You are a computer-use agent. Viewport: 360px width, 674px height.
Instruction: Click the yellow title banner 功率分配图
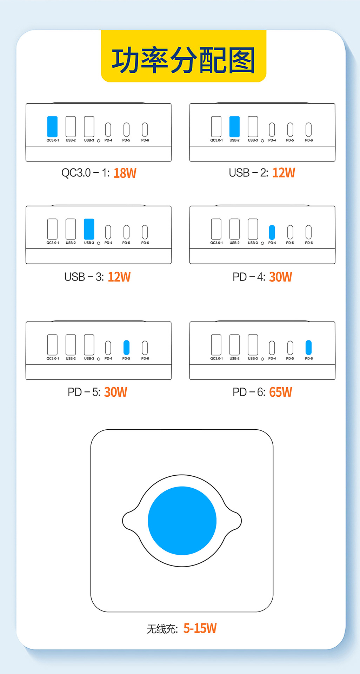click(x=184, y=57)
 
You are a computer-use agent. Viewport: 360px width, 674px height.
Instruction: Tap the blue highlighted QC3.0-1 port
click(x=52, y=126)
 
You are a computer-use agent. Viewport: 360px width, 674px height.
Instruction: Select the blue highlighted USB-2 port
click(x=234, y=126)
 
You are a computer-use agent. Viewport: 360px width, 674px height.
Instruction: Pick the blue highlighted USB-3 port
click(x=89, y=229)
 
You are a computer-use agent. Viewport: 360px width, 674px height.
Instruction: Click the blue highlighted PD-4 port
click(x=272, y=232)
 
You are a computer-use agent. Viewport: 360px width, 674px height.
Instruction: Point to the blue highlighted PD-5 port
click(x=126, y=348)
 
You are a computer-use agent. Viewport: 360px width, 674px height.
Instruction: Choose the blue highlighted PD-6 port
click(x=308, y=348)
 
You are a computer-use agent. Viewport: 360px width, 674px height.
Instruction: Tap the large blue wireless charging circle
click(x=182, y=520)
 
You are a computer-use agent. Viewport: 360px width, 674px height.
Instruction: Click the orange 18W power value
click(x=125, y=173)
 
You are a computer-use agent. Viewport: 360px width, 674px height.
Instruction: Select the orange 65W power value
click(x=280, y=392)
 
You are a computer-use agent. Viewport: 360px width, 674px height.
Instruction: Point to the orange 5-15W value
click(x=200, y=628)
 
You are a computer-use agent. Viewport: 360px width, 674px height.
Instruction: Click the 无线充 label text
click(x=162, y=629)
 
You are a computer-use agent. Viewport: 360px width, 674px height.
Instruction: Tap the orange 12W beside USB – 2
click(x=284, y=173)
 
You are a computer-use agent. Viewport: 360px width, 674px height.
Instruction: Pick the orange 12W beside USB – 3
click(x=119, y=277)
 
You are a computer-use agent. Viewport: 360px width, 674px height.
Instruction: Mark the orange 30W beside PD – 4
click(x=280, y=277)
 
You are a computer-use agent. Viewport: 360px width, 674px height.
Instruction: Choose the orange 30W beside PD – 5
click(x=115, y=392)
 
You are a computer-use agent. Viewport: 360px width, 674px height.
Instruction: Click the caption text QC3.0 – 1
click(x=85, y=173)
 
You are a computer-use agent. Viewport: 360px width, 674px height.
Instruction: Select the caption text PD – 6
click(x=249, y=392)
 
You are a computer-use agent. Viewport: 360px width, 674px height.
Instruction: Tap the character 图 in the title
click(x=242, y=60)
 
